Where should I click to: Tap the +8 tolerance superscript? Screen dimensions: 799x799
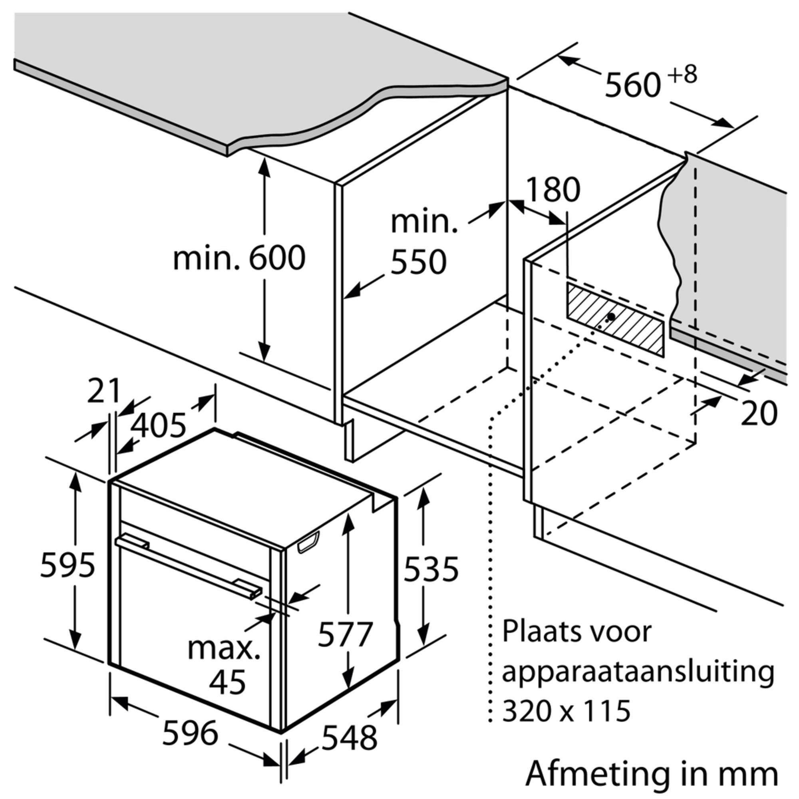(x=683, y=74)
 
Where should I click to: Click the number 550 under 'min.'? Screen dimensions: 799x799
(x=419, y=261)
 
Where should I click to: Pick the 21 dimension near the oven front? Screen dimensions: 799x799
(x=103, y=391)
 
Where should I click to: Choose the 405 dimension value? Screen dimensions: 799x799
(x=158, y=425)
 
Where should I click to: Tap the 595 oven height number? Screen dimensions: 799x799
(x=68, y=565)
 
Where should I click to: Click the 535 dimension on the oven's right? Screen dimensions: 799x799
(x=431, y=569)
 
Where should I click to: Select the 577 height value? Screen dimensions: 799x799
(x=345, y=634)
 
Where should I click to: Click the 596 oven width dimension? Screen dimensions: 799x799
(x=190, y=733)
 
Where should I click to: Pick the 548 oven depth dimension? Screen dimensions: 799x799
(x=350, y=737)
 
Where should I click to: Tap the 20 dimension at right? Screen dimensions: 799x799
(x=759, y=413)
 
